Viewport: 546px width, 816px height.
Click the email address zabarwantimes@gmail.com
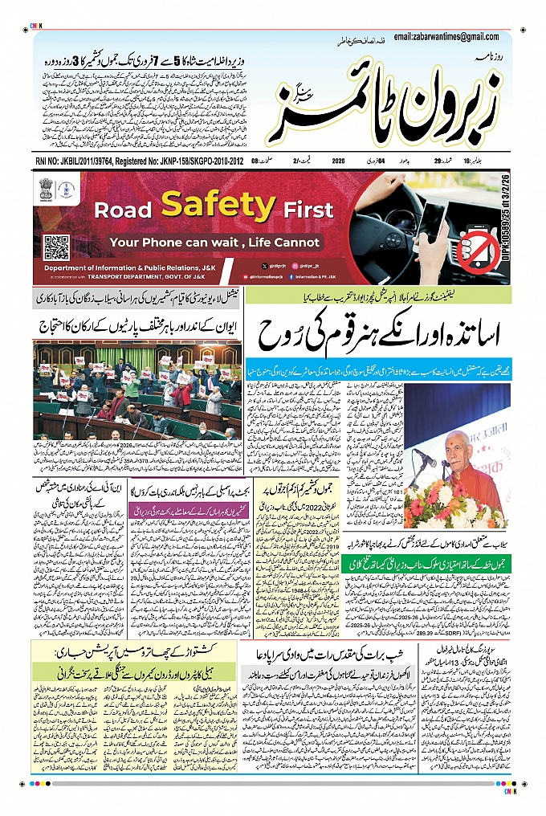[455, 37]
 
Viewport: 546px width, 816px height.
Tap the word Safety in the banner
[218, 206]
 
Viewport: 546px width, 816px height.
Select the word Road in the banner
[124, 210]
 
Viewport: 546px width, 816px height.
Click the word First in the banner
[308, 210]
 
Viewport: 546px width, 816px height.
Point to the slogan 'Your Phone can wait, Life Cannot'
[214, 242]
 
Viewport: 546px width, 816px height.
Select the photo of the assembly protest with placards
[137, 390]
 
